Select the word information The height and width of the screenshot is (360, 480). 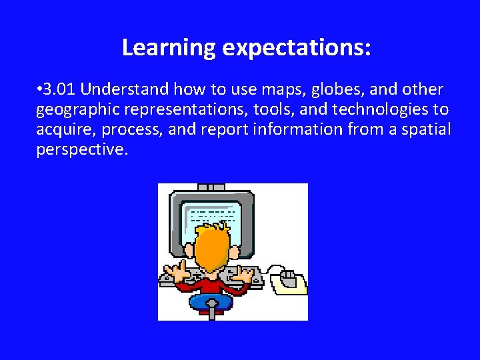click(298, 129)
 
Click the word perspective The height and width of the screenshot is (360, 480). click(80, 149)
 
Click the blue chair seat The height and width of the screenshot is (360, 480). click(211, 302)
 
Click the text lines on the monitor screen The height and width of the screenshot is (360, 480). click(213, 214)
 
